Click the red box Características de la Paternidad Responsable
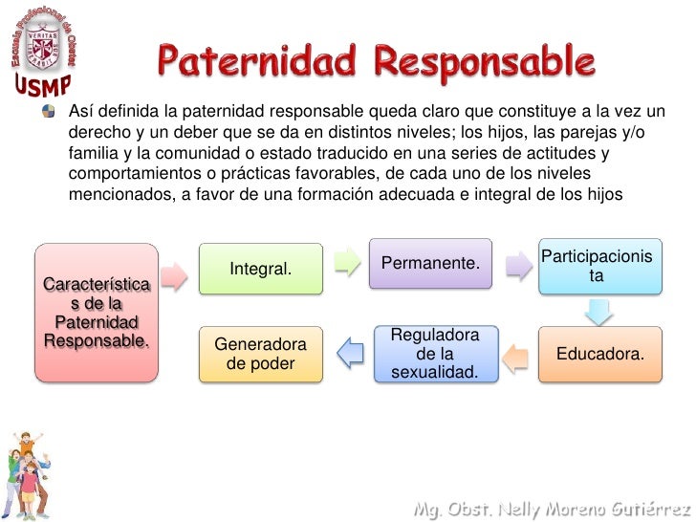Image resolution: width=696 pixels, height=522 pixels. pos(96,313)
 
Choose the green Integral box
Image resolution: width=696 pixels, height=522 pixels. pos(260,270)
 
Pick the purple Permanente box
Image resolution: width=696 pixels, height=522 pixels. pos(430,263)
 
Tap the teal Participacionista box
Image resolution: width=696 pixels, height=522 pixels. pos(598,266)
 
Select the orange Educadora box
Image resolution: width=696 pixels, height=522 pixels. pos(599,354)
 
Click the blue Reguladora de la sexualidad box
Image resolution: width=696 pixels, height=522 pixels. pos(435,354)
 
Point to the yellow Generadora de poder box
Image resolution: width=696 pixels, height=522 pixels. pos(260,354)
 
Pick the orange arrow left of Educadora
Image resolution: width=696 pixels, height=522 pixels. pos(516,356)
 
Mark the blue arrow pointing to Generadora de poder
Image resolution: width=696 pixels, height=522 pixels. pos(351,354)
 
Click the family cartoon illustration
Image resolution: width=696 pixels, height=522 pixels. pos(30,473)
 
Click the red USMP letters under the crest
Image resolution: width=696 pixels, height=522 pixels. pos(41,86)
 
